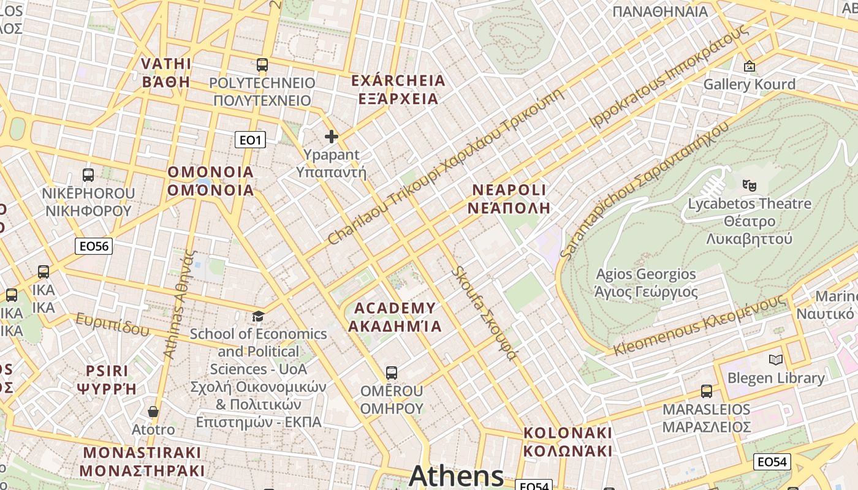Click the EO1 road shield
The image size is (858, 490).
250,140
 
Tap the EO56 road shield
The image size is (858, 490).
94,246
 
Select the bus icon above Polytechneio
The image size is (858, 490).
262,65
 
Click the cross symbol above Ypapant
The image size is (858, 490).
332,137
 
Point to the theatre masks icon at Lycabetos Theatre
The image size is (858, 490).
748,184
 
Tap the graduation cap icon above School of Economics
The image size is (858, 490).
259,316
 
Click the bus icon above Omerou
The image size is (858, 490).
392,372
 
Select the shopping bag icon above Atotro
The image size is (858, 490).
153,412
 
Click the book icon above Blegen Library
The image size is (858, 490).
776,360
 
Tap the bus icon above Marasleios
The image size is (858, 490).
707,391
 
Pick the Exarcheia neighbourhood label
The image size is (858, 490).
398,89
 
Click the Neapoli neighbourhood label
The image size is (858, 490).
509,198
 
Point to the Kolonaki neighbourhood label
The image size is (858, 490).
568,442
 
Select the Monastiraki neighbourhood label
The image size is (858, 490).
142,462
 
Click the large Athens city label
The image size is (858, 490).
456,476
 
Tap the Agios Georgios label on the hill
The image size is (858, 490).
646,282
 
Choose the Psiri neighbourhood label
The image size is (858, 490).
107,379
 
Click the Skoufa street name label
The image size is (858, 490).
484,313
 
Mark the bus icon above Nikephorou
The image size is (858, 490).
88,175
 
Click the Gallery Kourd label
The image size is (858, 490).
749,84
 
